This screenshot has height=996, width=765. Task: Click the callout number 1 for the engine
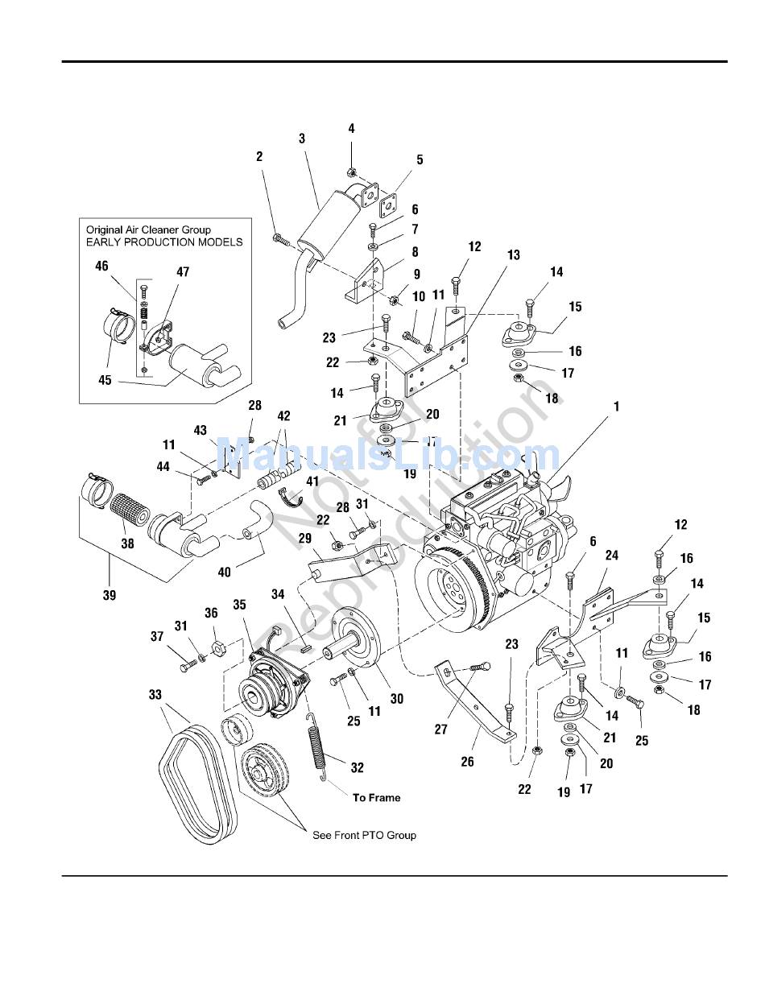(x=617, y=407)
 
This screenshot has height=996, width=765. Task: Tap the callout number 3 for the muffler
(x=302, y=138)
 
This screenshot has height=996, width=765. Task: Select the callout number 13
(x=513, y=255)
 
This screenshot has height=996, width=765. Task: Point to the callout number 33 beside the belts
(x=155, y=694)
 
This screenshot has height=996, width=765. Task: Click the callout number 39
(x=110, y=596)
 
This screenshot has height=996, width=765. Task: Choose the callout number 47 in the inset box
(x=183, y=272)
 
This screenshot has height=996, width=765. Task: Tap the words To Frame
(x=376, y=797)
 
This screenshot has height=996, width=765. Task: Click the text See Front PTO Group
(x=364, y=835)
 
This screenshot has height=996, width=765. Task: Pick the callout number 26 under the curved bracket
(x=467, y=762)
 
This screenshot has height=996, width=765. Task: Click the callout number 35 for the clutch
(x=239, y=604)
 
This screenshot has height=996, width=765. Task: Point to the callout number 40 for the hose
(x=224, y=572)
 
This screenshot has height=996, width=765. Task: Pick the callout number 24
(x=612, y=556)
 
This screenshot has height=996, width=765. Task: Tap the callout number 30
(x=396, y=699)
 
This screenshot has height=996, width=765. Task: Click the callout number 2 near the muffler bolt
(x=259, y=156)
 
